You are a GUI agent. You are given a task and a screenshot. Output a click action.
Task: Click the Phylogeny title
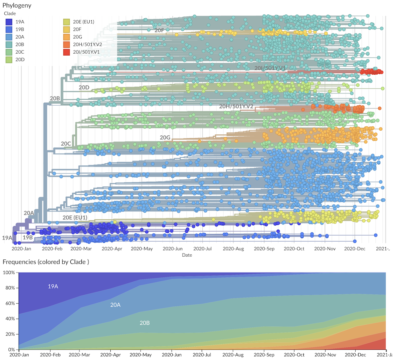(17, 6)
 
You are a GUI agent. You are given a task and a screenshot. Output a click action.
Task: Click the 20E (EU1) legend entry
(84, 22)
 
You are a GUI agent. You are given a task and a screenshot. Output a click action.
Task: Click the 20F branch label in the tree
(159, 30)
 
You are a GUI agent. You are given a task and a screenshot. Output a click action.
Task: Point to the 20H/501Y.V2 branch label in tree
(236, 106)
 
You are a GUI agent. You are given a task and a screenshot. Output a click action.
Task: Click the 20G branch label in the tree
(165, 137)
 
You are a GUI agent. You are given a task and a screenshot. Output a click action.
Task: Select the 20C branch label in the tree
(66, 143)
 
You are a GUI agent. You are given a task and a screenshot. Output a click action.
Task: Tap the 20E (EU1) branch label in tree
(75, 218)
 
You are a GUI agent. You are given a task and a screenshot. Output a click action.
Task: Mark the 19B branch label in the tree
(27, 238)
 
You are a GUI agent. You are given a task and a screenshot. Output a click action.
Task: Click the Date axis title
(187, 255)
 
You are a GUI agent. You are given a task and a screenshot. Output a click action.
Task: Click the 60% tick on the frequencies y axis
(9, 303)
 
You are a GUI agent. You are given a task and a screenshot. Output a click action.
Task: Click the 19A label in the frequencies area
(53, 286)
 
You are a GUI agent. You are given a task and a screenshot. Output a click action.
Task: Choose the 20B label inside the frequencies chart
(144, 323)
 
